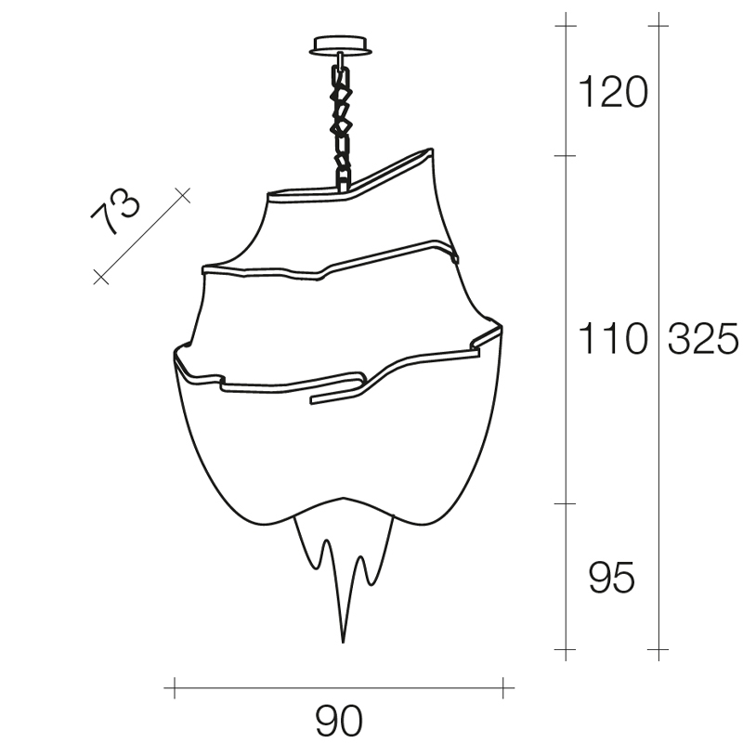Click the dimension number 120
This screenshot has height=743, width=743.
613,92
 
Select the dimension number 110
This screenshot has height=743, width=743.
613,338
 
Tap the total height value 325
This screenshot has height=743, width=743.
703,338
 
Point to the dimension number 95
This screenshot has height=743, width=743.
611,577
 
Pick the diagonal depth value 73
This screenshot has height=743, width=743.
115,211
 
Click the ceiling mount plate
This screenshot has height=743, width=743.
340,46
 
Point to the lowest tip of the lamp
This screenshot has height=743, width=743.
343,643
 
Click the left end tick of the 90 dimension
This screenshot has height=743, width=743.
175,687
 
